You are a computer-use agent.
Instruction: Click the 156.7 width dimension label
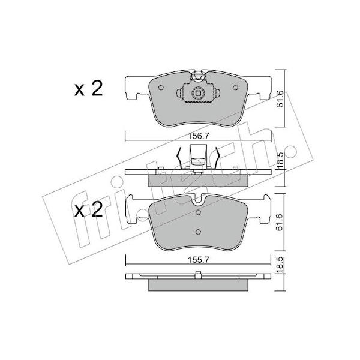pos(198,136)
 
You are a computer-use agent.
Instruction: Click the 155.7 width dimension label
pos(198,260)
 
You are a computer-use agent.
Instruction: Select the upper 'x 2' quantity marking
pos(88,88)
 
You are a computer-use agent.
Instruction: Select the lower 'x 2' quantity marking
pos(88,209)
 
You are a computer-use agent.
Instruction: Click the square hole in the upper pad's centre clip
pos(198,93)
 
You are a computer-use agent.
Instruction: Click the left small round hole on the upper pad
pos(161,88)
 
